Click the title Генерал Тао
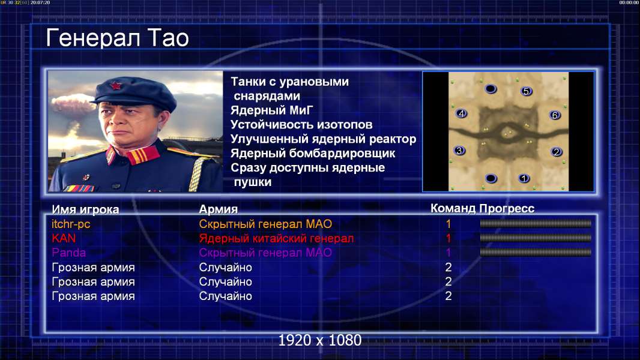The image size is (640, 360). (117, 38)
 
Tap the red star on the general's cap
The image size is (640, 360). (115, 86)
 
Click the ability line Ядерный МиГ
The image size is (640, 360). (271, 110)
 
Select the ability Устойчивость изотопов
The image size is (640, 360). (301, 125)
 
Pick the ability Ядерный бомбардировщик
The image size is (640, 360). (313, 153)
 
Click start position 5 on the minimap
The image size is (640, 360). (526, 91)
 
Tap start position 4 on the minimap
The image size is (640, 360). (461, 113)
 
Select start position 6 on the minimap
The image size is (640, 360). (555, 115)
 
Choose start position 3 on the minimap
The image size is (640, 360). (459, 151)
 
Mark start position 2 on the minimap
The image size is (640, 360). (557, 152)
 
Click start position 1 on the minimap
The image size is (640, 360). (524, 178)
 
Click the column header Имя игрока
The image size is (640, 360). (85, 209)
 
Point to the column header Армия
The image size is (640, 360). (219, 209)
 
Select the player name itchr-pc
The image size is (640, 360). (71, 224)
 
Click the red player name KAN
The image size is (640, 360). (64, 238)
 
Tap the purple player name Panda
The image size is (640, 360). (68, 253)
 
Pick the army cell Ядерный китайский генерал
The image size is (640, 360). (276, 239)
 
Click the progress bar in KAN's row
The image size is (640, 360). (536, 238)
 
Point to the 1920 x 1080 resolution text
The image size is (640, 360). (320, 340)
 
